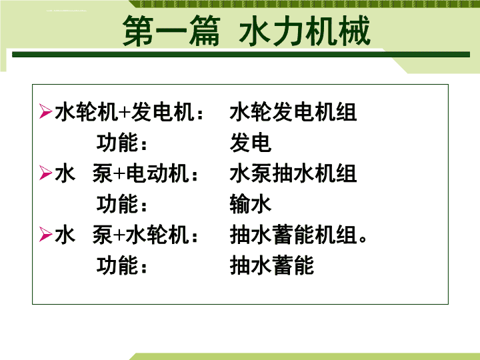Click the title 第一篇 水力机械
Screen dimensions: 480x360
[247, 31]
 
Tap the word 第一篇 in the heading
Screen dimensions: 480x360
[171, 31]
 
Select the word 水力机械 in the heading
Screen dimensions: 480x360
[305, 31]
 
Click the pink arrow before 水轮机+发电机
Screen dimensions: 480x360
[45, 111]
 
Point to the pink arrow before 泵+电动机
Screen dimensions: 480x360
[45, 173]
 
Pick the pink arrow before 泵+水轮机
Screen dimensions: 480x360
[45, 235]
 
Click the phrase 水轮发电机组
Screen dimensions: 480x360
[293, 112]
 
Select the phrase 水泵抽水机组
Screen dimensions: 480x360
[293, 173]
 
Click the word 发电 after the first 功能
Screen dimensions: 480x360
[251, 143]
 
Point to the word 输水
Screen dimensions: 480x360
[251, 204]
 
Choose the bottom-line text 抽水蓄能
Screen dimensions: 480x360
[272, 265]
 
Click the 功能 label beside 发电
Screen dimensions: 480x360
[117, 143]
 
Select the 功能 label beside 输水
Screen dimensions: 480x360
[117, 204]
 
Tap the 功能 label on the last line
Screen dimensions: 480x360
[117, 265]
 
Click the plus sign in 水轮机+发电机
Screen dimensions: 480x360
[125, 113]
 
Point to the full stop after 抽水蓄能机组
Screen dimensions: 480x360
[363, 239]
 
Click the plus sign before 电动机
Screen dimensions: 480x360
[119, 174]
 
